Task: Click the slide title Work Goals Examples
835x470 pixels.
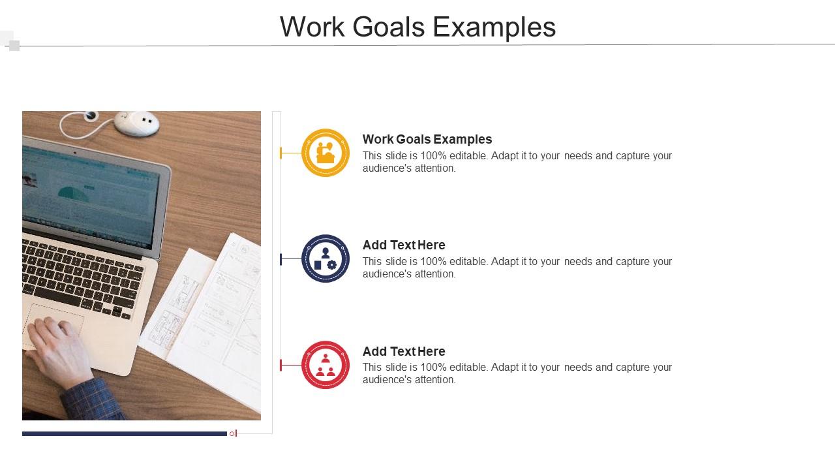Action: (417, 27)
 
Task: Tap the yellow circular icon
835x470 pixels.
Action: (326, 153)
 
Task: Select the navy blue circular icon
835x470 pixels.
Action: (326, 258)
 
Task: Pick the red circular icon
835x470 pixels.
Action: (326, 365)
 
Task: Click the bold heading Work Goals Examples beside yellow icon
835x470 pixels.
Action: (427, 139)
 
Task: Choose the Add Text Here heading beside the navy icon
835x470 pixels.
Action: (404, 245)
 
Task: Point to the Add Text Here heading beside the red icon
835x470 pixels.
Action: (404, 351)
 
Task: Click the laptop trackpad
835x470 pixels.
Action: (55, 323)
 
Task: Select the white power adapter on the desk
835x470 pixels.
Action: (136, 122)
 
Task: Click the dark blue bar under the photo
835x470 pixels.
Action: (124, 433)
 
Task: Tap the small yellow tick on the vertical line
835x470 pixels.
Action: (281, 153)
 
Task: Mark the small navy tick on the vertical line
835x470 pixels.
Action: (281, 259)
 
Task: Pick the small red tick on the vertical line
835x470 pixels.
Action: (281, 365)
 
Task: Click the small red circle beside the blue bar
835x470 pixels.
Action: (232, 433)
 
